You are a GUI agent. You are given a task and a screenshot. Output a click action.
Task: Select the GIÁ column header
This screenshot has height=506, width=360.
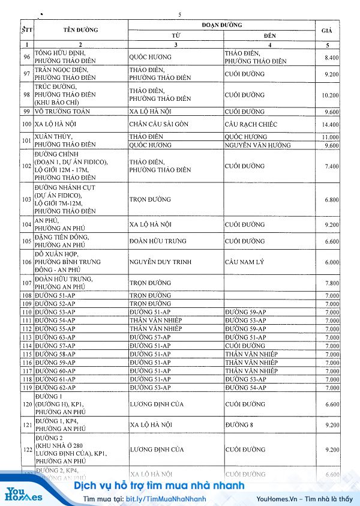(x=328, y=29)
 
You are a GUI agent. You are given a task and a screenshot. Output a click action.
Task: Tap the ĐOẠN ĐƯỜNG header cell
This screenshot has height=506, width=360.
(x=222, y=25)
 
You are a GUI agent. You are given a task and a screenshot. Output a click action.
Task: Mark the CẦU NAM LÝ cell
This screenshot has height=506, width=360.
(x=245, y=262)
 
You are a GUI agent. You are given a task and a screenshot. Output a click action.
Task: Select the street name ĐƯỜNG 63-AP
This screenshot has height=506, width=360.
(x=56, y=337)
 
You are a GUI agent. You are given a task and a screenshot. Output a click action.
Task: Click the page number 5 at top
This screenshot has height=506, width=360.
(x=180, y=14)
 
